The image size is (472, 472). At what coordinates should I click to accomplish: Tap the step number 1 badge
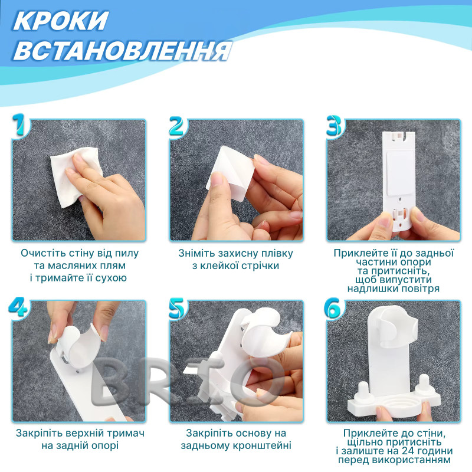pyautogui.click(x=21, y=125)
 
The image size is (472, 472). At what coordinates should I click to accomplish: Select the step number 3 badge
pyautogui.click(x=334, y=126)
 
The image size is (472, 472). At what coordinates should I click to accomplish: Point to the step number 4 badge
pyautogui.click(x=18, y=307)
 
